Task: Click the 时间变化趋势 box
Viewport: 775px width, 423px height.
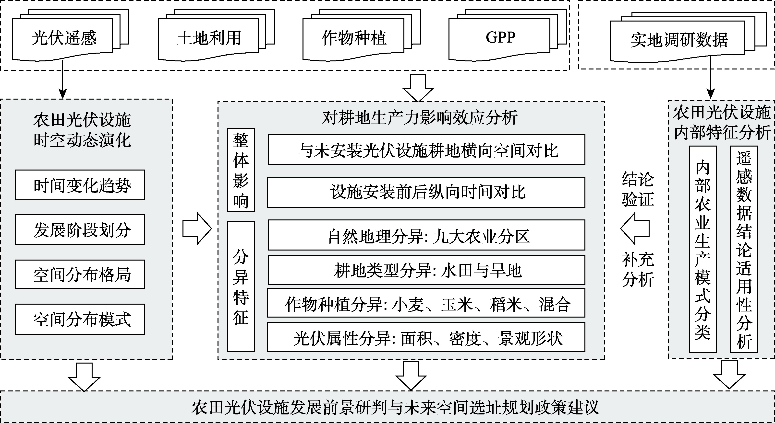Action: [80, 185]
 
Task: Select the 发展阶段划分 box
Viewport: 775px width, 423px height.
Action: [80, 229]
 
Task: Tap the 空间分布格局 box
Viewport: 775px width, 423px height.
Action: [80, 274]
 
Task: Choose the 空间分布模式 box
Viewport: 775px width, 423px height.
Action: [80, 319]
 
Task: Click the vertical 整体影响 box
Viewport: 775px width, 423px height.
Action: [241, 170]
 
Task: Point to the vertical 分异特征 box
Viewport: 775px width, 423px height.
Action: [241, 286]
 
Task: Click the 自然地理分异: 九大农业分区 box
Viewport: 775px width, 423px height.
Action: [427, 235]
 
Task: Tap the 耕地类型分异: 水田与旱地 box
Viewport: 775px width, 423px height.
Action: [427, 270]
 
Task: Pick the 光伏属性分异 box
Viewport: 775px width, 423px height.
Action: [426, 337]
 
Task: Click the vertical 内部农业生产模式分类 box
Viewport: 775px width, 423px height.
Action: [702, 249]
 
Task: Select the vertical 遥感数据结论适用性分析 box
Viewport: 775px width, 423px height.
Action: [744, 249]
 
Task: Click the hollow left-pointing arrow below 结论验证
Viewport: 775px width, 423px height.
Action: [635, 229]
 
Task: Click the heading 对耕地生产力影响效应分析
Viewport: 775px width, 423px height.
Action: [419, 117]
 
